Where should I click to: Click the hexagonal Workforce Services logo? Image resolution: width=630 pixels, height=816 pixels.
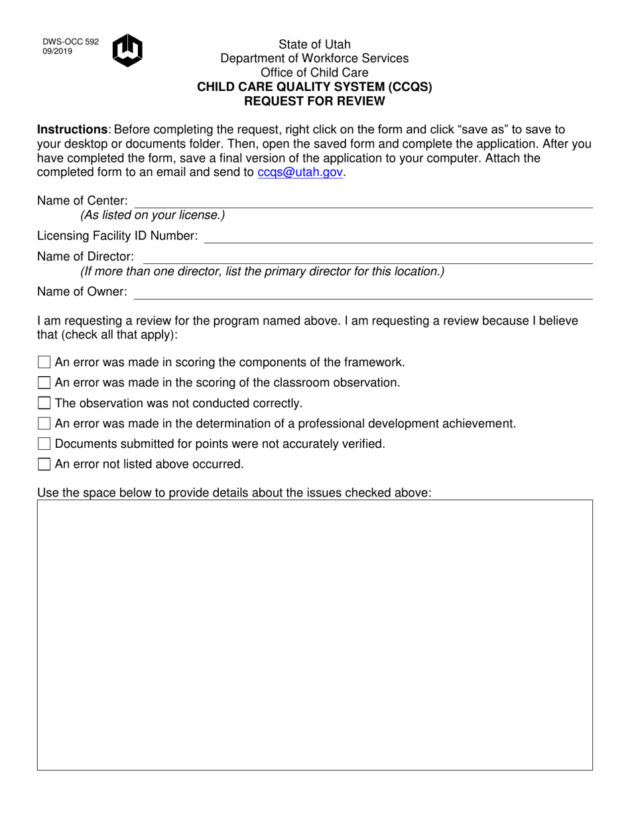tap(127, 50)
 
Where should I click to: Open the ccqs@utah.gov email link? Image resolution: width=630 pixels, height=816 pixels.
tap(300, 172)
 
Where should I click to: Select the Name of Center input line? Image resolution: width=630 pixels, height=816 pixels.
tap(363, 202)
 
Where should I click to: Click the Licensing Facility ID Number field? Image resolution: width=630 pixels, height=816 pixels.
tap(398, 237)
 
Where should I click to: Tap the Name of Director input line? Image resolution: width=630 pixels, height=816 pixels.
tap(367, 257)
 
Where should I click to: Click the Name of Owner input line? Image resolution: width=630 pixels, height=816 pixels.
tap(363, 293)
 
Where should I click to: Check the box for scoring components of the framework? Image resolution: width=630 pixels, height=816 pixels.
tap(44, 362)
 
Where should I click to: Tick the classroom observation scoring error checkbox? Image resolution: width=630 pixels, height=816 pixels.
tap(44, 383)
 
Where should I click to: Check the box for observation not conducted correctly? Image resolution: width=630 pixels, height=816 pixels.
tap(44, 403)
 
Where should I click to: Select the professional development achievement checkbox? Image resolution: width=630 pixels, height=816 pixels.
tap(44, 423)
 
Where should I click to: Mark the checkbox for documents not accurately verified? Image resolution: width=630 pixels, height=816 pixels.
tap(44, 444)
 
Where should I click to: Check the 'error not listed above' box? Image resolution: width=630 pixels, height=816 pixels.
tap(44, 464)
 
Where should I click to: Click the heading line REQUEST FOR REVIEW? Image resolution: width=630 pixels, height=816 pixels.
tap(314, 102)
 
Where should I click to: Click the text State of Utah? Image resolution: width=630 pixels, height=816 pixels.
tap(314, 44)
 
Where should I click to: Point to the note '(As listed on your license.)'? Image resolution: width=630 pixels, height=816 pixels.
tap(153, 215)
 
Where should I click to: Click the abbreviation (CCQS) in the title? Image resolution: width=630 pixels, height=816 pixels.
tap(410, 87)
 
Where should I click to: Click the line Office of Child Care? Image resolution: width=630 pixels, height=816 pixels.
tap(314, 72)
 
